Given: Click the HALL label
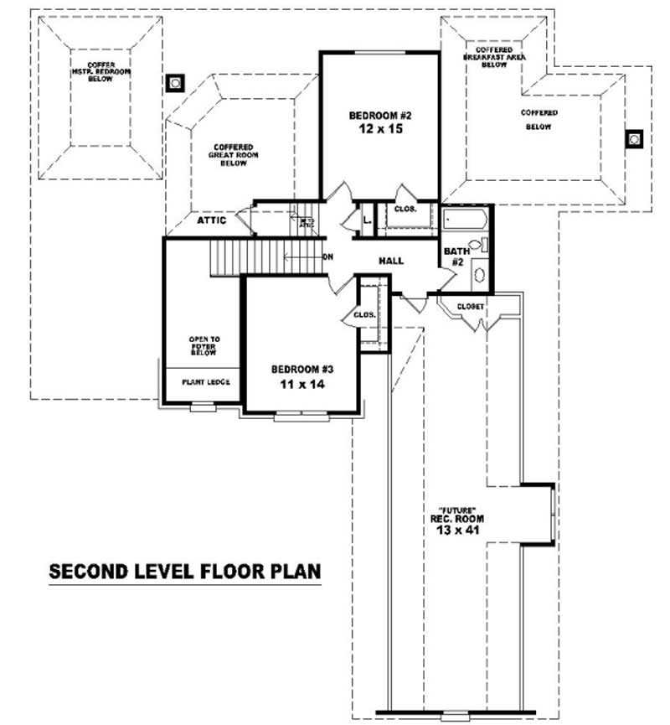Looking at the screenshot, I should (x=391, y=262).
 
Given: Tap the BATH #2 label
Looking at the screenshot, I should (x=456, y=256).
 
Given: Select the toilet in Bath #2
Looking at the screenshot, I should (x=477, y=245).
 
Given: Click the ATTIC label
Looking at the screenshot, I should (x=212, y=220).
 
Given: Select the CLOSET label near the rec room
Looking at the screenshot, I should (x=470, y=307).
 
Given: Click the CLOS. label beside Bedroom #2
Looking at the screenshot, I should (x=405, y=210).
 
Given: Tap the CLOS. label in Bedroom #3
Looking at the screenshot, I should (x=363, y=315).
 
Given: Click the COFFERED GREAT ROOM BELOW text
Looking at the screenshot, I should (x=233, y=155).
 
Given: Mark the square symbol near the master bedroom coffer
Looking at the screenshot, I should (x=176, y=82).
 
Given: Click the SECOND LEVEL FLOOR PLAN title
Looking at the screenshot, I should (x=185, y=572).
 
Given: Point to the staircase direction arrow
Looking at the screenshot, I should (x=302, y=256).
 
